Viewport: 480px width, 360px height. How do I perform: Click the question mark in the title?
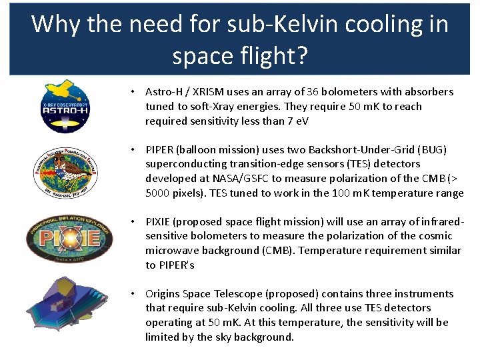point(301,56)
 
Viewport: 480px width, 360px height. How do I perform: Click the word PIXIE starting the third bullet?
point(159,221)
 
